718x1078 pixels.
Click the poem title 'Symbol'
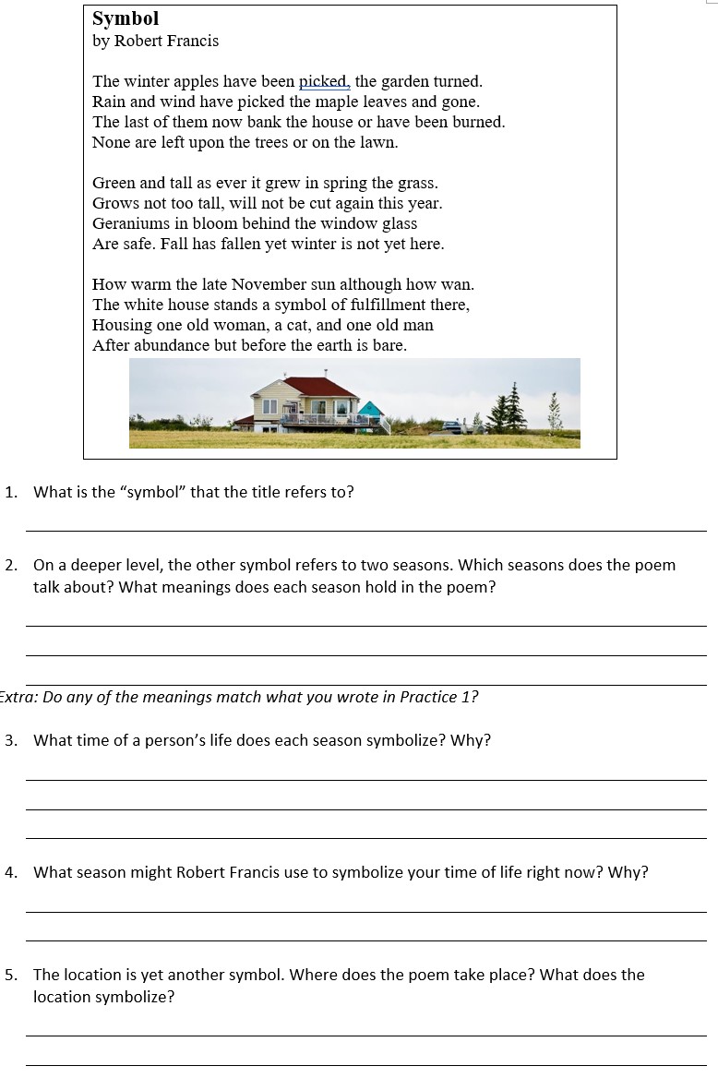point(126,18)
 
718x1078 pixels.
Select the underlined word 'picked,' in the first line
point(325,82)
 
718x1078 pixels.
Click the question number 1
point(10,492)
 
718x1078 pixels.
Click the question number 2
point(10,565)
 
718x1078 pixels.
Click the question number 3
point(10,740)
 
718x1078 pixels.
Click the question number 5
point(10,975)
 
